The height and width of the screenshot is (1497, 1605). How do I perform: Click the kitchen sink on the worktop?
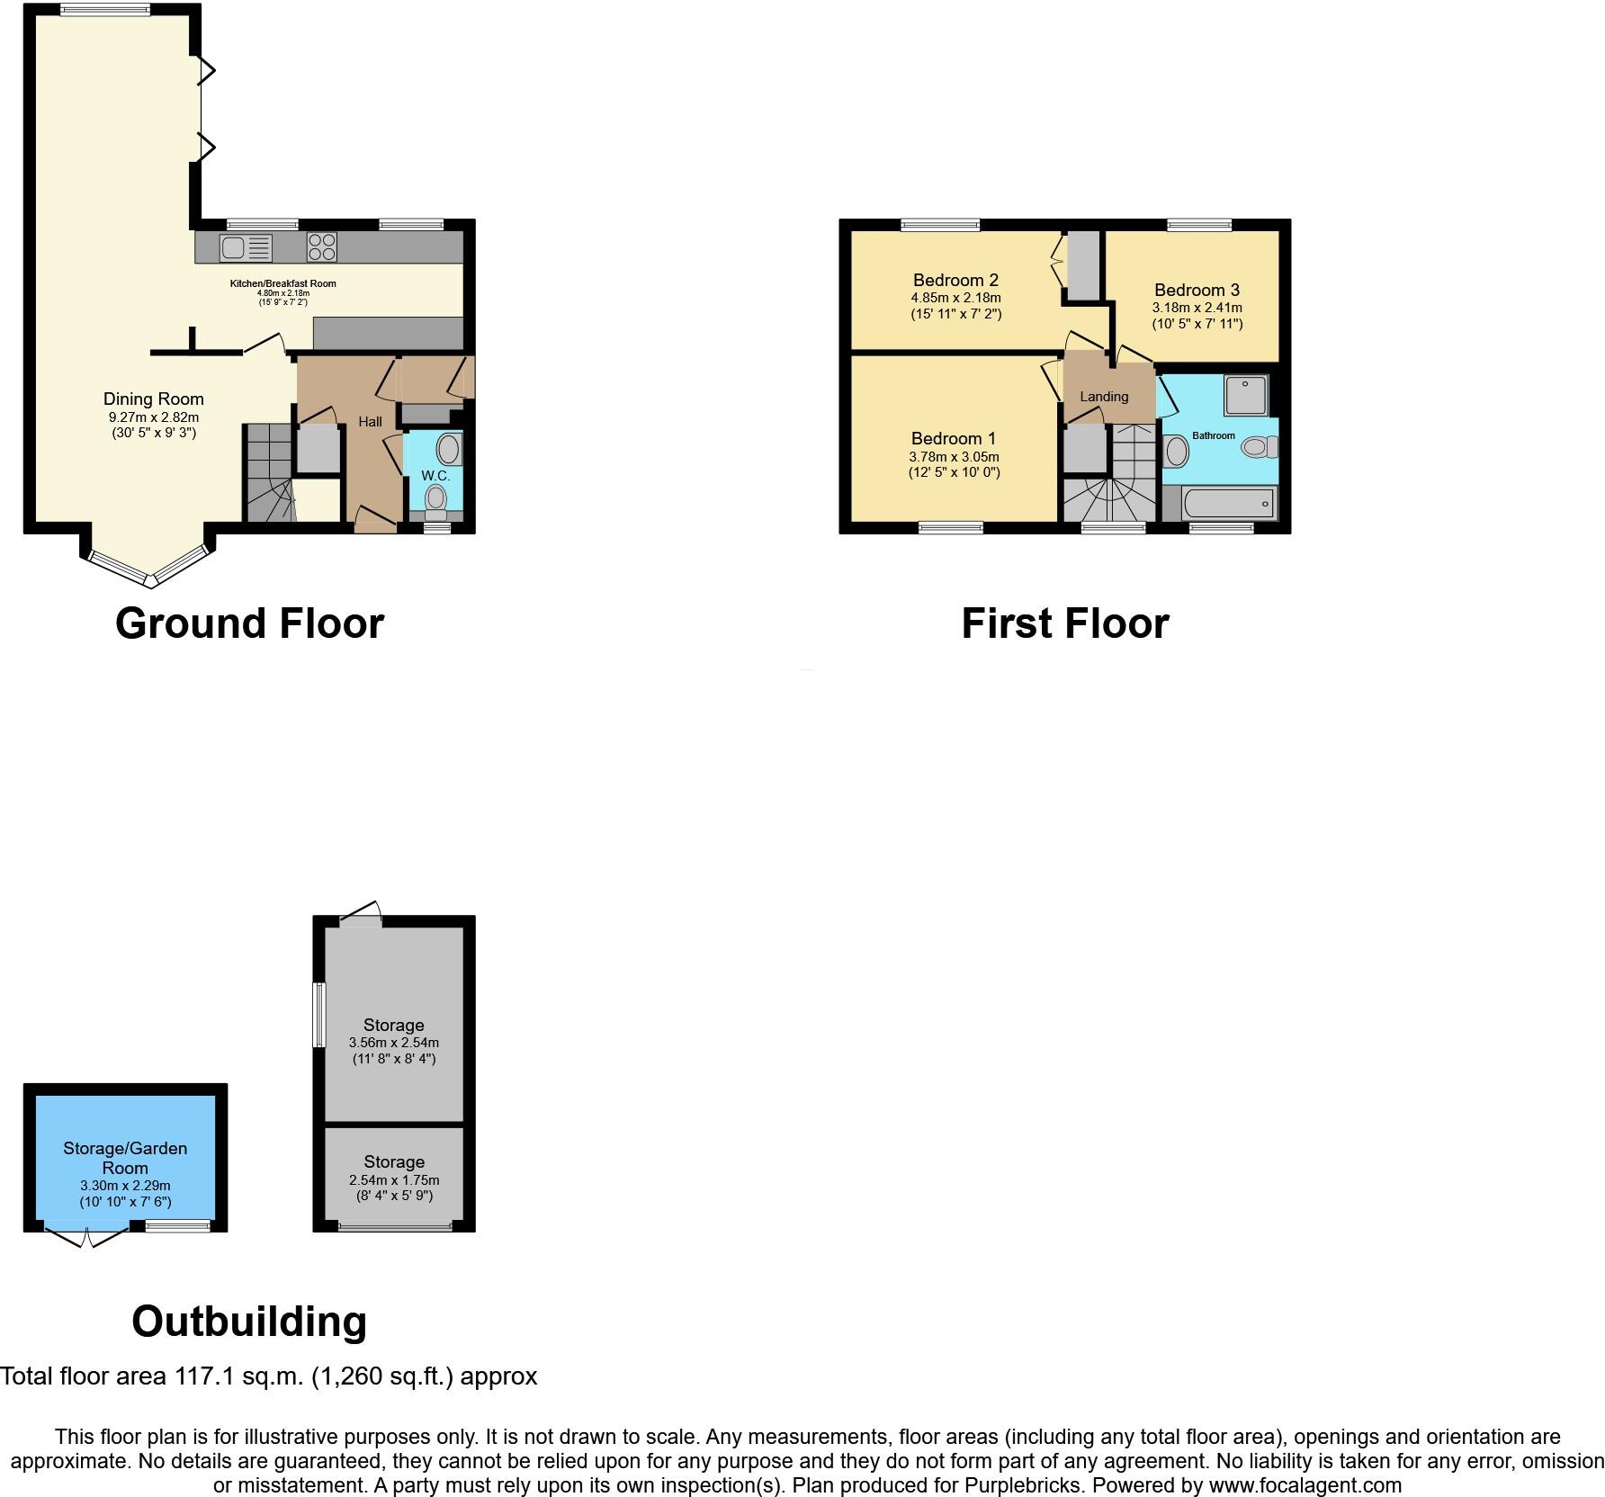click(x=246, y=247)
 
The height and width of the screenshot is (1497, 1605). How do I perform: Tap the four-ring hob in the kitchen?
click(x=322, y=247)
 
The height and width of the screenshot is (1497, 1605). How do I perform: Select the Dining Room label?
click(x=154, y=399)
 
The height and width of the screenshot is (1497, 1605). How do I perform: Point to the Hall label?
click(x=370, y=421)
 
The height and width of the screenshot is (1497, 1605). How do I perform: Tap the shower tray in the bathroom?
click(x=1245, y=396)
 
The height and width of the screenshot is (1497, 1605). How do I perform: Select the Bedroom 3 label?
click(x=1197, y=290)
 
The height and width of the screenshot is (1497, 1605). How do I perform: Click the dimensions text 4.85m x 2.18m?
click(x=955, y=298)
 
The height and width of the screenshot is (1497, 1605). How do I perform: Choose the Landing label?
click(x=1104, y=397)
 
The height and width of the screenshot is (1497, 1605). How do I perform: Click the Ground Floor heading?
click(x=249, y=623)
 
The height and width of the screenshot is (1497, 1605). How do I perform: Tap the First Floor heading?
click(x=1064, y=623)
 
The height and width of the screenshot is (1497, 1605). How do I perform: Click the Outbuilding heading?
click(x=249, y=1322)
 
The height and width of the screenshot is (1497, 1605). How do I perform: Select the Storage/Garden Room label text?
click(x=125, y=1158)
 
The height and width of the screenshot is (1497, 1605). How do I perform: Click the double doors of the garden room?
click(x=86, y=1235)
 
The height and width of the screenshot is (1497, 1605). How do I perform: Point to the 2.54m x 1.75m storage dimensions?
click(x=394, y=1179)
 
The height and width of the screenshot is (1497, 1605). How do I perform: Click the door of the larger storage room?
click(x=362, y=917)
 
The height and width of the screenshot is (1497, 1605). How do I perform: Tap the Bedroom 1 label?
click(x=953, y=438)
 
